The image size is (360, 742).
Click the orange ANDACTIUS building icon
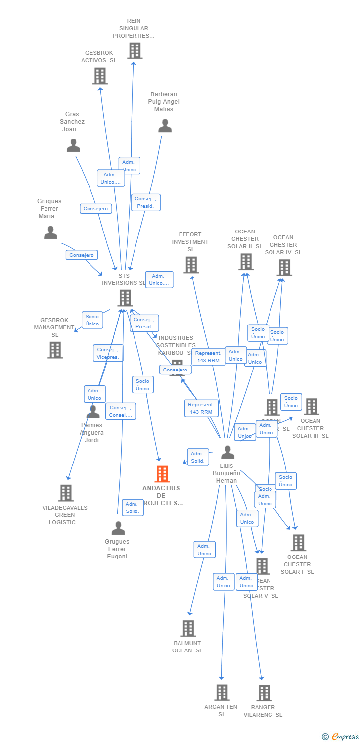click(162, 474)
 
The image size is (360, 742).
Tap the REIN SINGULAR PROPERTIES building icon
click(135, 50)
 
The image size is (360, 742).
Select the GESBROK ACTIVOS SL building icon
click(100, 76)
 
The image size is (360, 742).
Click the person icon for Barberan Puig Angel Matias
click(165, 126)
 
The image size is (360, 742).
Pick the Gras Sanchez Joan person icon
click(73, 145)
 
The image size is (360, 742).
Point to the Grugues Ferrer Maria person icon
click(50, 232)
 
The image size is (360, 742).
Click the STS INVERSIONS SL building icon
click(125, 298)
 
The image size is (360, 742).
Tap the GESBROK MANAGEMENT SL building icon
click(55, 350)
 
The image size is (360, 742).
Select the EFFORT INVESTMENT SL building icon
click(191, 265)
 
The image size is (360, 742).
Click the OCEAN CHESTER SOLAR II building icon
click(246, 262)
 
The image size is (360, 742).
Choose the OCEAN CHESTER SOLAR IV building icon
click(284, 267)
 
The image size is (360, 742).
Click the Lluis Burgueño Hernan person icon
click(227, 452)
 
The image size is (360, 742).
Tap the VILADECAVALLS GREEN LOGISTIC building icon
click(66, 493)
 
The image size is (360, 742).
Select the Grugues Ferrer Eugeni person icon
click(118, 528)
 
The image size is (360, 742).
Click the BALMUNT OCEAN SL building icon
click(188, 628)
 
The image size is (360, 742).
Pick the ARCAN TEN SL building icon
click(222, 693)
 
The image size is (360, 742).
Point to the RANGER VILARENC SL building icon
click(264, 693)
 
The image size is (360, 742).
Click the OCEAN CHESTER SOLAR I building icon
click(298, 543)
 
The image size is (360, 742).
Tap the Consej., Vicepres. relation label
click(108, 353)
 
